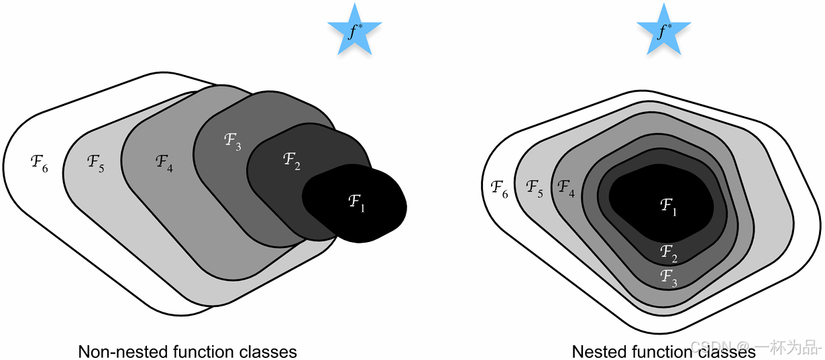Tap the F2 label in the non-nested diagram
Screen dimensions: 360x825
coord(291,161)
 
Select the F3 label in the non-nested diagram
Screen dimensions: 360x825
coord(231,141)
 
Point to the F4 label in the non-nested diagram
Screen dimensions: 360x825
coord(164,162)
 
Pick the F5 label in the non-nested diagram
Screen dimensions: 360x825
coord(95,162)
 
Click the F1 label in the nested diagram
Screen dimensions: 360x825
coord(668,207)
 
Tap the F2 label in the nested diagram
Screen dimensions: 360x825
coord(668,253)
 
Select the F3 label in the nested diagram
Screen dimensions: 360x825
coord(668,276)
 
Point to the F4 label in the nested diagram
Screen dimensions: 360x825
coord(566,188)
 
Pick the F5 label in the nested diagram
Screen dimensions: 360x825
coord(534,188)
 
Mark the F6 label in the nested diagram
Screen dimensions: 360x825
coord(499,188)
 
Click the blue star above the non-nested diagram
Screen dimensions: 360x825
coord(354,30)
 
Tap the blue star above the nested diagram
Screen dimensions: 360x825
coord(663,30)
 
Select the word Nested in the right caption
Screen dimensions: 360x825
coord(594,351)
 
